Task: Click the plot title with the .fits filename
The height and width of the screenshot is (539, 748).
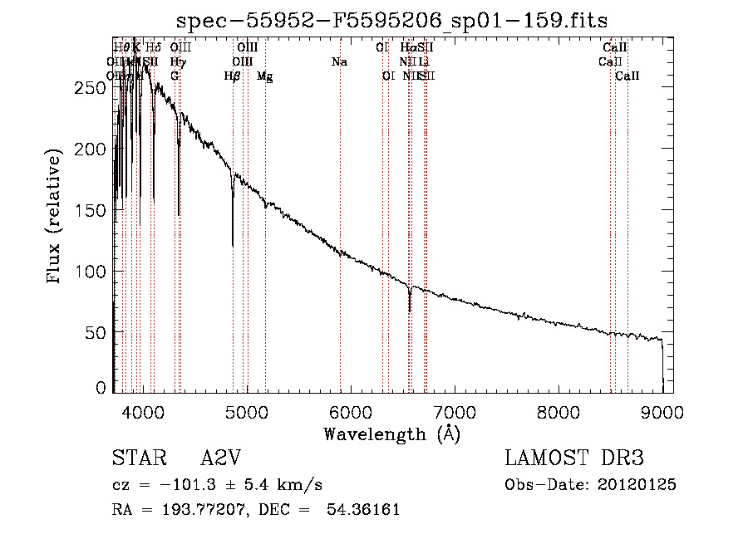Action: coord(392,21)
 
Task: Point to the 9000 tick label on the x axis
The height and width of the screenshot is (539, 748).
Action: coord(662,411)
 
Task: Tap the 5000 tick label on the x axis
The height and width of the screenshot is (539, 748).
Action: coord(246,411)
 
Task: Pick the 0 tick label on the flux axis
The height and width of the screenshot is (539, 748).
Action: coord(101,388)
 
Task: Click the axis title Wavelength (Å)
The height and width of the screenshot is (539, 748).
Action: coord(391,433)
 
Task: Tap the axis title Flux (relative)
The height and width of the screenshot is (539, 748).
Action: coord(56,218)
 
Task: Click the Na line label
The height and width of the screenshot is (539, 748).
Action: coord(339,61)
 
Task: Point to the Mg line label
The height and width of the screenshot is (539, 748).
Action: coord(264,76)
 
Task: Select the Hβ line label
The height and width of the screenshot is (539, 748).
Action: coord(233,76)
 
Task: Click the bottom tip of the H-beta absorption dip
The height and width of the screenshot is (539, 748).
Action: coord(233,246)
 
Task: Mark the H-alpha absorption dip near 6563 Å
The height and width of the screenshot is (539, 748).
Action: coord(410,310)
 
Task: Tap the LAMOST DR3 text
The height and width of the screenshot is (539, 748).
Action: coord(574,459)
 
